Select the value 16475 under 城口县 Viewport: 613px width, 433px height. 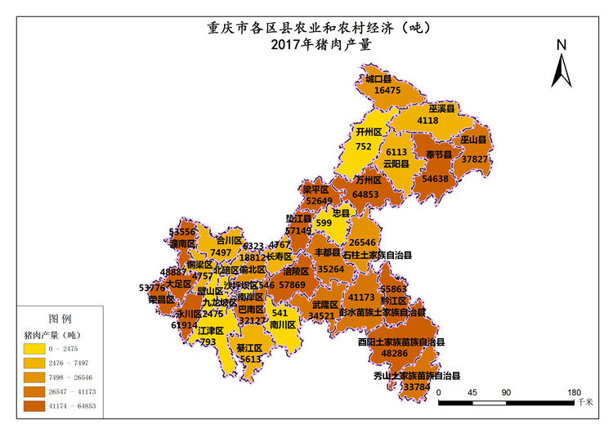tap(387, 91)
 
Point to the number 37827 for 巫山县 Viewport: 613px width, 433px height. tap(475, 159)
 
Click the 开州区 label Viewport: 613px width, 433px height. tap(369, 132)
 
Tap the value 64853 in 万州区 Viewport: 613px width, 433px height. tap(365, 194)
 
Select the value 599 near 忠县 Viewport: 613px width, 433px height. tap(324, 223)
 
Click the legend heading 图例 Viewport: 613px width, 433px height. tap(60, 318)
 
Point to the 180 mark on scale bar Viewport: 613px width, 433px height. tap(573, 392)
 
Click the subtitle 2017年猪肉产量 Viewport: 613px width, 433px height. tap(320, 45)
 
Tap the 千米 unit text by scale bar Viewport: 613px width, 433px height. tap(584, 402)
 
